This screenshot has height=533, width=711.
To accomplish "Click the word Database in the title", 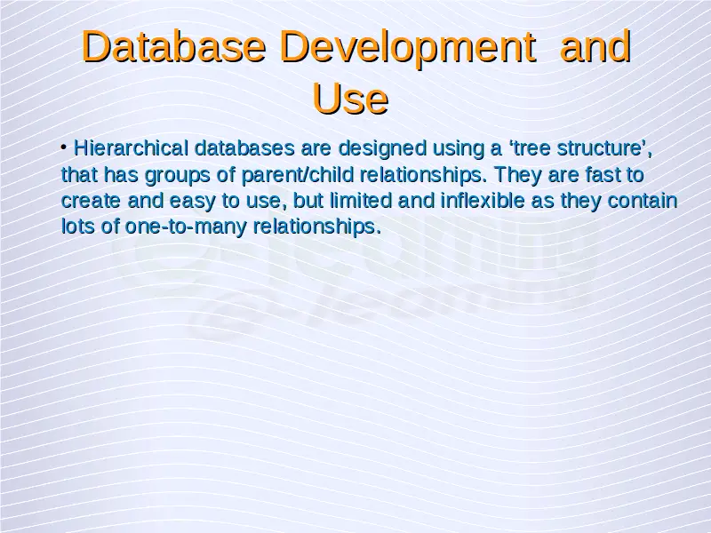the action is coord(173,46).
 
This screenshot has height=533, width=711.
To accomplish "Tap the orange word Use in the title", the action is coord(350,99).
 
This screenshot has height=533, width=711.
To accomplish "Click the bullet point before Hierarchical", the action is coord(64,147).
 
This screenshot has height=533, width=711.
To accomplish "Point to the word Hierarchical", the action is coord(131,148).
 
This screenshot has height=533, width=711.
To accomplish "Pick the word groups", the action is coord(177,176).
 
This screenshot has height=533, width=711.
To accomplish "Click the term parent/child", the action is coord(298,176).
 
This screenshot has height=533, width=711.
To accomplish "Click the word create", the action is coord(91,201).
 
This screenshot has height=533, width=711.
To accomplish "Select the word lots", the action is coord(78,227).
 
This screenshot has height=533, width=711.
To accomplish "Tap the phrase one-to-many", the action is coord(186,227).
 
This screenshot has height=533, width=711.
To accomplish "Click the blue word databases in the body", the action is coord(244,148).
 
